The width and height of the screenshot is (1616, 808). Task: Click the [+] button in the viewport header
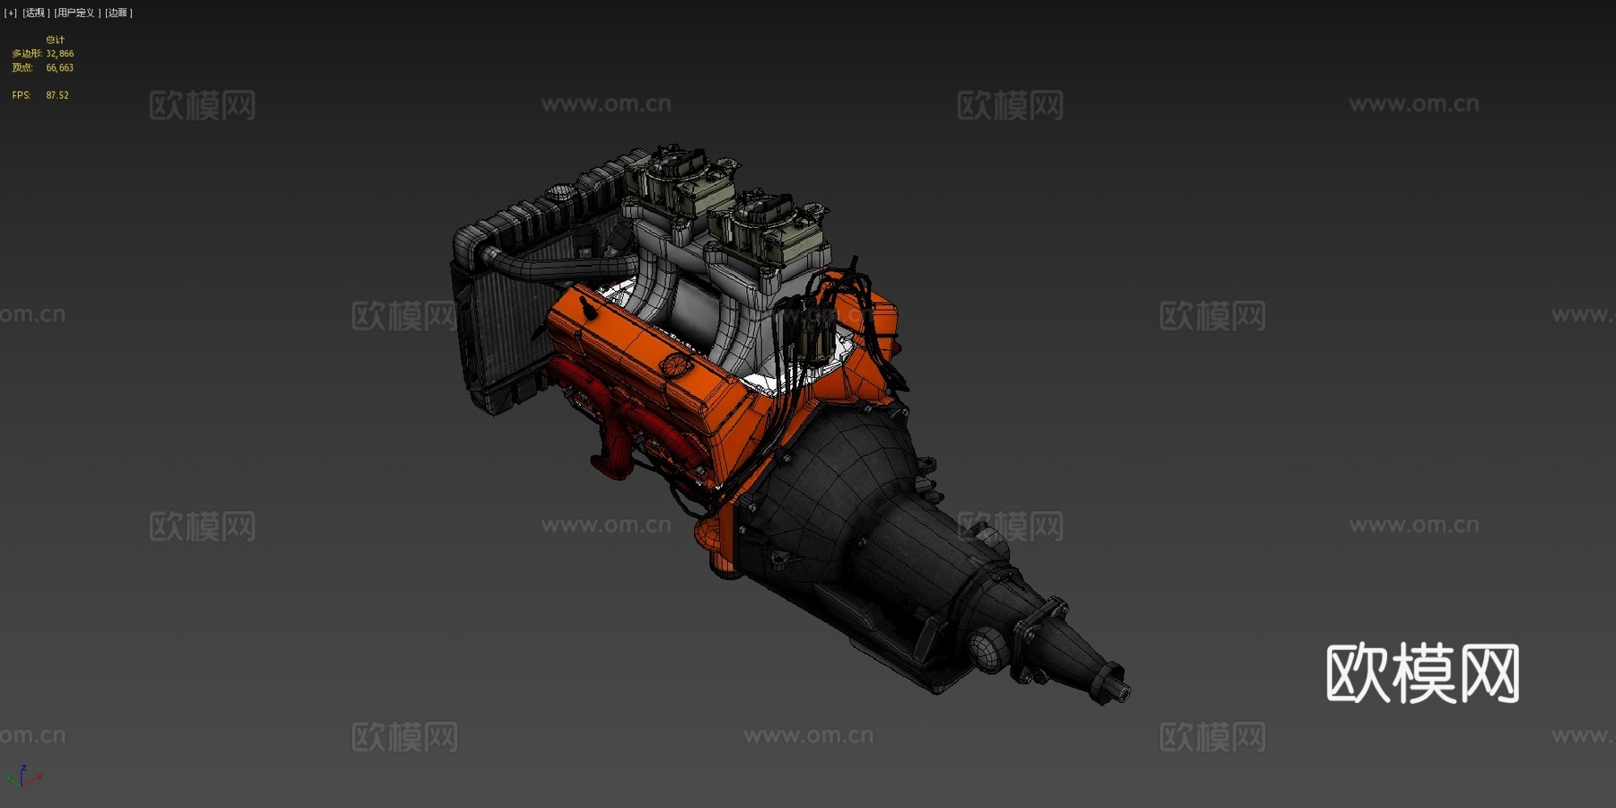click(x=11, y=13)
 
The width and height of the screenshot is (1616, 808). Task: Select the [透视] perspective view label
click(x=35, y=13)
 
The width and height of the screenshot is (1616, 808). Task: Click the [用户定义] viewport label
click(x=76, y=13)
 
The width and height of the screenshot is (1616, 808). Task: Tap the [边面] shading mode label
click(x=119, y=13)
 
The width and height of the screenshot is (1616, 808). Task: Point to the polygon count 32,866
click(x=60, y=54)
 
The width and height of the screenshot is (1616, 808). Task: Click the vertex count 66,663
click(x=60, y=68)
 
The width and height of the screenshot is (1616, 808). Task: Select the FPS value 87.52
click(x=57, y=95)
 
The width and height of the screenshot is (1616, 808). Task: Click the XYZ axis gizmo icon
click(x=22, y=777)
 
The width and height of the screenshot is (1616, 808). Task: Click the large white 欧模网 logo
click(x=1422, y=673)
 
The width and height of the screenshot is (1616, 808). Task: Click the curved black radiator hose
click(x=539, y=266)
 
